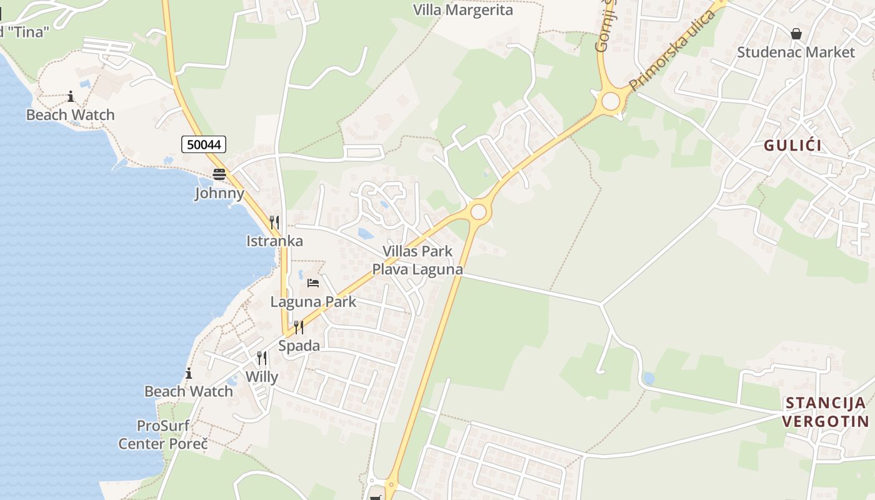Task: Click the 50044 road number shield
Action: point(204,144)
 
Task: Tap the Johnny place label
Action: point(219,193)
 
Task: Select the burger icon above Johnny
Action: point(219,174)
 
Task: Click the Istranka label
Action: point(274,241)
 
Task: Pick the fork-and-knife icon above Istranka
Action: point(274,222)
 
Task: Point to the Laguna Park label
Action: point(313,302)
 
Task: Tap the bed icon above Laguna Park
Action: point(313,283)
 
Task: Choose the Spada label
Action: point(299,346)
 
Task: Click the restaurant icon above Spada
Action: point(299,327)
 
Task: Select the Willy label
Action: point(262,377)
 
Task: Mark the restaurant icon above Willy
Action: point(262,358)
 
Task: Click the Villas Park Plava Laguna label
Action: point(417,261)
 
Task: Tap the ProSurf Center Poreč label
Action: point(163,435)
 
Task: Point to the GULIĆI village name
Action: point(792,146)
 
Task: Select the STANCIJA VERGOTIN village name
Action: point(826,412)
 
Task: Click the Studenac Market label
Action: point(796,52)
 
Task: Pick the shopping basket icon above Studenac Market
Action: point(796,34)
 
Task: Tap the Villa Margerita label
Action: point(463,10)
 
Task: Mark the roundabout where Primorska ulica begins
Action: point(611,101)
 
